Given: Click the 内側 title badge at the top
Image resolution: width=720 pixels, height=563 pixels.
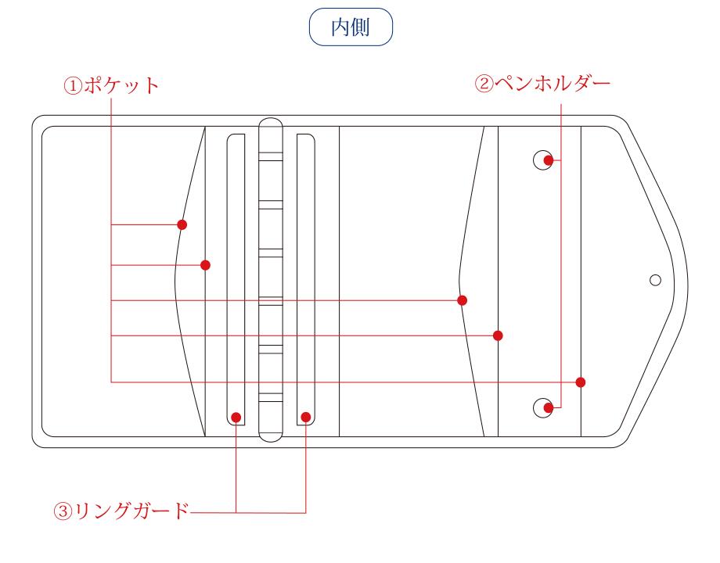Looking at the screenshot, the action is click(351, 27).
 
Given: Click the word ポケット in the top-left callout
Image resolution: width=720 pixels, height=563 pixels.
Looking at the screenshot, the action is click(121, 85).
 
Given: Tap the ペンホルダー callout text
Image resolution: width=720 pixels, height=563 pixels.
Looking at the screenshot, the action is click(553, 84).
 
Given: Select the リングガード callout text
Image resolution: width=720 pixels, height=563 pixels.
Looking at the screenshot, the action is click(131, 511).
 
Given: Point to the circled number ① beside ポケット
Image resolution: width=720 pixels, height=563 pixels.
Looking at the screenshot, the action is click(73, 86).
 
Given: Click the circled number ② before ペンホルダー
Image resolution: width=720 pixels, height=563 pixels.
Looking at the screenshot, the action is click(484, 84).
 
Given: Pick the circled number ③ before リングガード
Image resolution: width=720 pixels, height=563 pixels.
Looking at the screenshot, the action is click(63, 511).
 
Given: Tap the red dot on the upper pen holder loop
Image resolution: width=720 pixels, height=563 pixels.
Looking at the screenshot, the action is click(549, 160).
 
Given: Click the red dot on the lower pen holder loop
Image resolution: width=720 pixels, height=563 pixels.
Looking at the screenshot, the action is click(549, 407).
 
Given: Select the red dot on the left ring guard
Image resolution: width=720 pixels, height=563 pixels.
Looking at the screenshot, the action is click(236, 417).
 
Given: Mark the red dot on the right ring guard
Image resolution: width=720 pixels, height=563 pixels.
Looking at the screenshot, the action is click(306, 417).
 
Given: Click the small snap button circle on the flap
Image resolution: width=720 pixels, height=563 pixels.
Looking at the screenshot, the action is click(655, 280).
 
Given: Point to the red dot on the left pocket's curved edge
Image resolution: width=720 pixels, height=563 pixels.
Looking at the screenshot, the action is click(182, 225).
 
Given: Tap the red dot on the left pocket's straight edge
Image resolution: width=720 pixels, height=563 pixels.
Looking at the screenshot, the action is click(205, 265).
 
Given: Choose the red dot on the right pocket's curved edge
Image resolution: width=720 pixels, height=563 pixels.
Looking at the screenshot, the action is click(462, 300).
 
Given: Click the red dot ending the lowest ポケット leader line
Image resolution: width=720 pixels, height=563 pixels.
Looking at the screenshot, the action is click(581, 382).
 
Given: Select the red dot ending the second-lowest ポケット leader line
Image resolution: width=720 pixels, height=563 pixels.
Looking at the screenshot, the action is click(498, 335).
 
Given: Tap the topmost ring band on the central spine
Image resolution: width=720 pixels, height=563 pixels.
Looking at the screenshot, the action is click(271, 157).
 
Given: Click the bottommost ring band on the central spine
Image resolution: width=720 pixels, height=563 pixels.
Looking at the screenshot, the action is click(271, 398).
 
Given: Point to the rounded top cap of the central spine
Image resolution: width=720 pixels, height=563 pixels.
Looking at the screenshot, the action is click(271, 119).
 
